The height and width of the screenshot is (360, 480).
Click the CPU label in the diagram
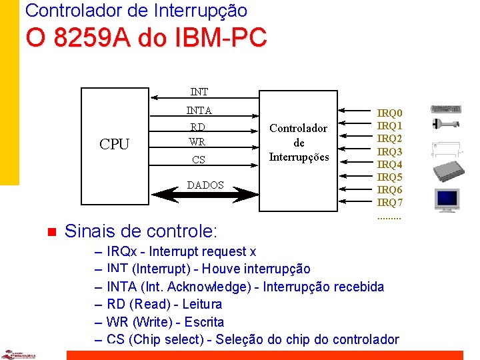[x=114, y=145]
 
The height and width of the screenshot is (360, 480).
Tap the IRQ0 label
[x=390, y=113]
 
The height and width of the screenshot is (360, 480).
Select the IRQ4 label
[x=390, y=164]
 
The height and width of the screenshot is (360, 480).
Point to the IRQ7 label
[x=390, y=202]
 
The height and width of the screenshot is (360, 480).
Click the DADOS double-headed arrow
[x=205, y=195]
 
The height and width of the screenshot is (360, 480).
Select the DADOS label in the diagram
[x=205, y=185]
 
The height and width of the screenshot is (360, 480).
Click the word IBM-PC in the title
[x=221, y=38]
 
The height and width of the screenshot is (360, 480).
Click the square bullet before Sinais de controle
[x=49, y=232]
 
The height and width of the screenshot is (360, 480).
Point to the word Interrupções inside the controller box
[x=299, y=157]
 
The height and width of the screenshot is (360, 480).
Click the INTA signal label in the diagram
[x=198, y=111]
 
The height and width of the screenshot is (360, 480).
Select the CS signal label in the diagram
[x=198, y=160]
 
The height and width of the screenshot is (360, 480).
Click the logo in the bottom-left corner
[x=17, y=354]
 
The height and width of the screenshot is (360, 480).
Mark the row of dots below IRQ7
[x=389, y=217]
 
